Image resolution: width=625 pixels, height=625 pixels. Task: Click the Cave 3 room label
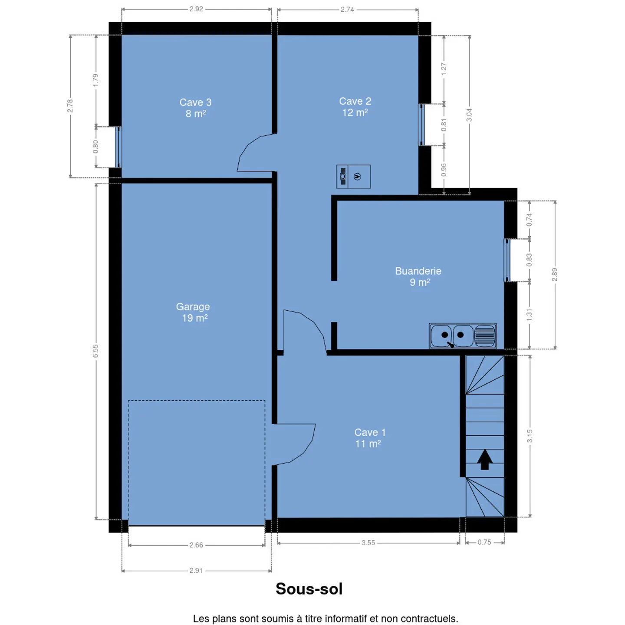pos(195,108)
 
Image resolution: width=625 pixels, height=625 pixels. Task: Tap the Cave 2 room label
pos(355,107)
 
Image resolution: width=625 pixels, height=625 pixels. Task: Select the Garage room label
pos(193,312)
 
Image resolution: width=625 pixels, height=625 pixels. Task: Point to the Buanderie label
pos(418,276)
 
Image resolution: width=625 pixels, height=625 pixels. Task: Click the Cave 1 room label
pos(370,438)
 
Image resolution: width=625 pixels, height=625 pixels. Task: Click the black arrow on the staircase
pos(484,459)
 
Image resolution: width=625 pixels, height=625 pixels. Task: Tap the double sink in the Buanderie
pos(463,336)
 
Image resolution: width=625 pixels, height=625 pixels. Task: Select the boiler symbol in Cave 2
pos(353,177)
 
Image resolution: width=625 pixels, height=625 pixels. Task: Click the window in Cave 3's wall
pos(119,147)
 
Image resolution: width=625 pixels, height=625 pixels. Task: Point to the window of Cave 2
pos(421,125)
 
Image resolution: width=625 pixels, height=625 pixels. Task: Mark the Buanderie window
pos(507,260)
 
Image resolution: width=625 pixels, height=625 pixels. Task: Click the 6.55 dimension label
pos(95,351)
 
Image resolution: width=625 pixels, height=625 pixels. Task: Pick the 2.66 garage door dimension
pos(196,545)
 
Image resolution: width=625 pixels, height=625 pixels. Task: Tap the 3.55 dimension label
pos(368,543)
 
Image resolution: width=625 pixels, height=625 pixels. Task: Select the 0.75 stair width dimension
pos(484,542)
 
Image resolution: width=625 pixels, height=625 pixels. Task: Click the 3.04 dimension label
pos(469,115)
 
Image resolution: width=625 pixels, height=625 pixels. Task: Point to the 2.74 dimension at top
pos(347,10)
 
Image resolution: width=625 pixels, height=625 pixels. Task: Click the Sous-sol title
pos(309,589)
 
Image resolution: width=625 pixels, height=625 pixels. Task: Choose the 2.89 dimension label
pos(555,274)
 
